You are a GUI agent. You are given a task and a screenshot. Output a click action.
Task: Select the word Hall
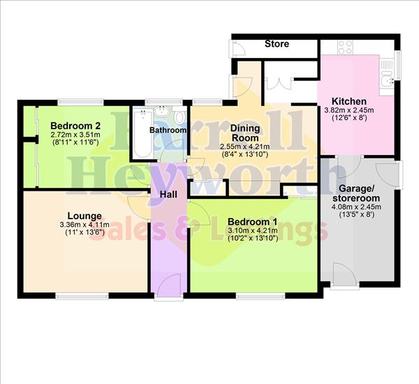tap(169, 194)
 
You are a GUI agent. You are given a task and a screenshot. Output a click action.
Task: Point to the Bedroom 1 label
tap(251, 221)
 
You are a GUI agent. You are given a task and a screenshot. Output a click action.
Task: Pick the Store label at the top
tap(277, 45)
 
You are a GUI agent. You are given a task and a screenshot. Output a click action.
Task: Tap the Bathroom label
tap(169, 131)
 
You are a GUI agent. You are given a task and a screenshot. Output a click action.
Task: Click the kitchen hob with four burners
tap(346, 47)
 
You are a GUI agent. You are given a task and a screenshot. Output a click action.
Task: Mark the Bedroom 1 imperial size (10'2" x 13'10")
tap(251, 239)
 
